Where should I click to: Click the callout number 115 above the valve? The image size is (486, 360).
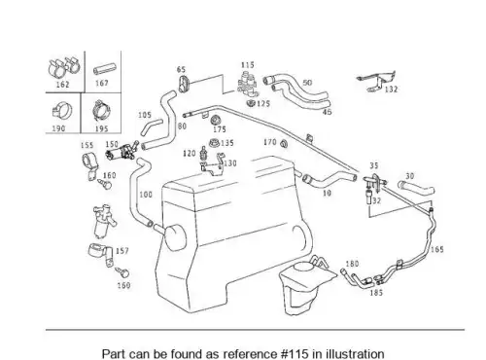248,65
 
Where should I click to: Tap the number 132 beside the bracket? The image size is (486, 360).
391,90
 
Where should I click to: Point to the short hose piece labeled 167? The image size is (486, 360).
105,69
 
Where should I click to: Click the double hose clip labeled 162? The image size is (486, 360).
63,67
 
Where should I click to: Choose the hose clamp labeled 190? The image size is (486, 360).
62,112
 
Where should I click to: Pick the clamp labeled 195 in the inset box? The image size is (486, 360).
102,111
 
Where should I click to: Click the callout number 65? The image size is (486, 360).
181,69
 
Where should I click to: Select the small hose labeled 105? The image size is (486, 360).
151,127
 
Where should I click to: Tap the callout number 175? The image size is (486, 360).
220,129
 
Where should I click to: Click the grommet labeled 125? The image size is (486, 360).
251,103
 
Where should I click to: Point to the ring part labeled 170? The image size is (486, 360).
285,144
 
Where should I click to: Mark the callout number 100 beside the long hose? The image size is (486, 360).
146,195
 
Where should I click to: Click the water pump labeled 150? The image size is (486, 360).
121,152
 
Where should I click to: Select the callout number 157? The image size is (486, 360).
121,251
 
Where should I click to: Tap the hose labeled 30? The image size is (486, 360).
416,189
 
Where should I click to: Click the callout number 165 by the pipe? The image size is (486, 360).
436,250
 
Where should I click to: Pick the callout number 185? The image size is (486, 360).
376,293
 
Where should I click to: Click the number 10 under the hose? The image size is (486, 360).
328,193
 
